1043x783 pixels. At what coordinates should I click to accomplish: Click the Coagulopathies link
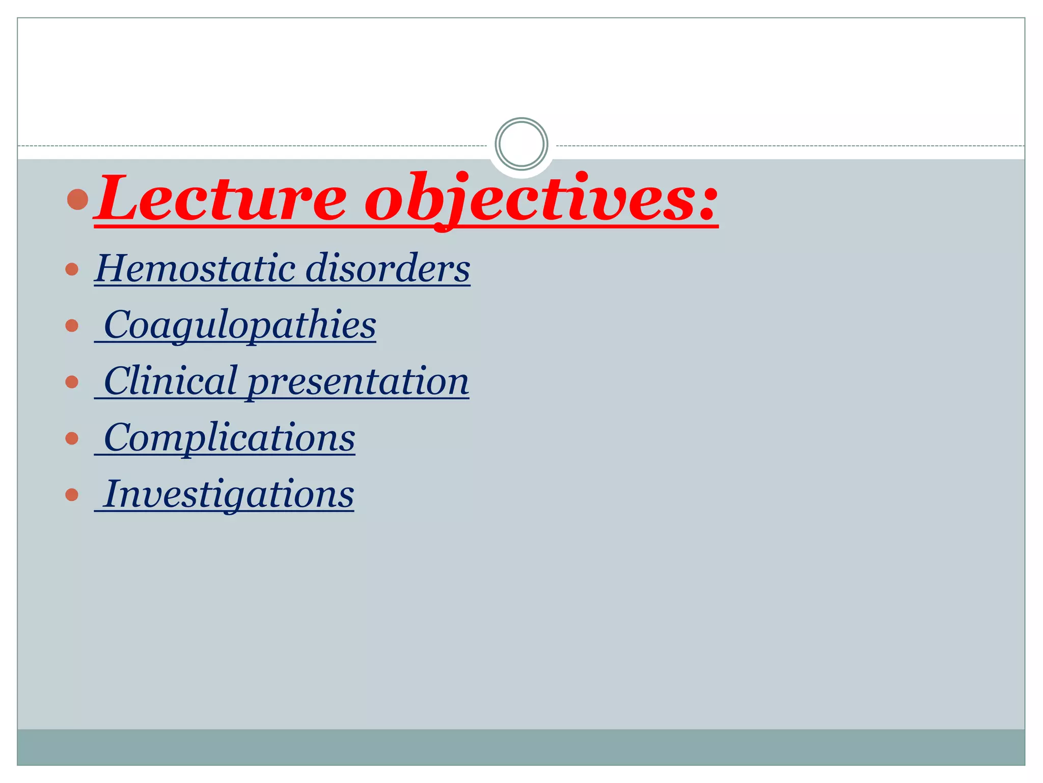pyautogui.click(x=239, y=325)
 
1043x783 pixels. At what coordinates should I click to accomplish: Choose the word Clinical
pyautogui.click(x=171, y=381)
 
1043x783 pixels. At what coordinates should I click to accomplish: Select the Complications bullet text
pyautogui.click(x=229, y=438)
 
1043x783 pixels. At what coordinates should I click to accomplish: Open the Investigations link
pyautogui.click(x=229, y=494)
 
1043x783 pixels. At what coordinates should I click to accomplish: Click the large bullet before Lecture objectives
pyautogui.click(x=78, y=199)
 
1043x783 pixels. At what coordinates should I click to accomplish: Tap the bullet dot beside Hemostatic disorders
pyautogui.click(x=72, y=269)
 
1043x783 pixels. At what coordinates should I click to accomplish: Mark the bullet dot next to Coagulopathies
pyautogui.click(x=72, y=325)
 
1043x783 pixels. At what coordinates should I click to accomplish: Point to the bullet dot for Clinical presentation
pyautogui.click(x=72, y=382)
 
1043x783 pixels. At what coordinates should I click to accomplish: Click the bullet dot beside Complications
pyautogui.click(x=72, y=438)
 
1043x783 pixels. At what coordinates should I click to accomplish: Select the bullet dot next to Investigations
pyautogui.click(x=72, y=494)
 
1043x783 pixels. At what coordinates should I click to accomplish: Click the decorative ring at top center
pyautogui.click(x=521, y=144)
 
